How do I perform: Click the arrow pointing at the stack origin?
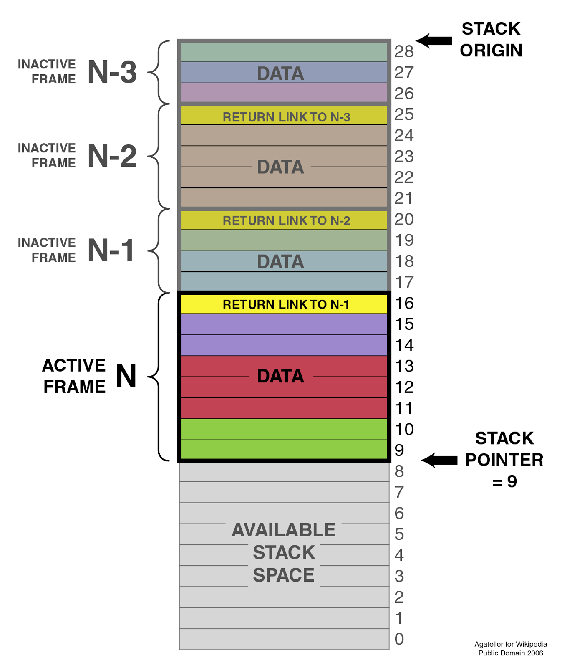pyautogui.click(x=434, y=40)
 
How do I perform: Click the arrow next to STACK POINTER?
pyautogui.click(x=439, y=460)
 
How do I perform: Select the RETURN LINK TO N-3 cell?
pyautogui.click(x=285, y=116)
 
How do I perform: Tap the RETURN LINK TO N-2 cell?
pyautogui.click(x=285, y=220)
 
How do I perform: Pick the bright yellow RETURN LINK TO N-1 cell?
pyautogui.click(x=285, y=304)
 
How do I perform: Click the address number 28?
pyautogui.click(x=403, y=52)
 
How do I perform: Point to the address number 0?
pyautogui.click(x=399, y=639)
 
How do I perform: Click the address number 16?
pyautogui.click(x=404, y=303)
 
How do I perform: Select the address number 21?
pyautogui.click(x=403, y=198)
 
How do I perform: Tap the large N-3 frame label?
pyautogui.click(x=112, y=72)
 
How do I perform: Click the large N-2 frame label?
pyautogui.click(x=112, y=156)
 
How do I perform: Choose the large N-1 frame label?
pyautogui.click(x=111, y=250)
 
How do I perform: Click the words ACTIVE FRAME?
pyautogui.click(x=74, y=376)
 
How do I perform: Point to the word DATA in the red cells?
pyautogui.click(x=280, y=376)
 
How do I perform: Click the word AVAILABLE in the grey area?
pyautogui.click(x=283, y=530)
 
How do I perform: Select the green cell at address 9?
pyautogui.click(x=285, y=450)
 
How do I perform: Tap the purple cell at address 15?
pyautogui.click(x=285, y=324)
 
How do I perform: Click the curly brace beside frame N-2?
pyautogui.click(x=158, y=156)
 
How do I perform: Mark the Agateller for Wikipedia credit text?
pyautogui.click(x=510, y=644)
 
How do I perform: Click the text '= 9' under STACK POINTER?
pyautogui.click(x=504, y=482)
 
